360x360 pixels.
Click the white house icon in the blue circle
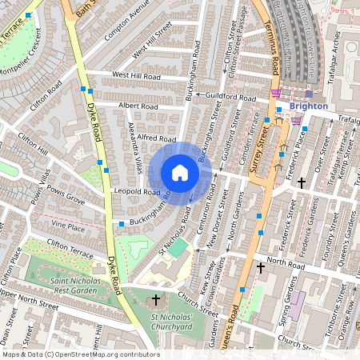pos(180,173)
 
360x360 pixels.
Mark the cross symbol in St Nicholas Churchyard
pos(155,300)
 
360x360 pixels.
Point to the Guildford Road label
pos(230,97)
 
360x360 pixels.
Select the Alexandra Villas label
pos(134,152)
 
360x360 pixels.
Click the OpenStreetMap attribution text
pos(80,354)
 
